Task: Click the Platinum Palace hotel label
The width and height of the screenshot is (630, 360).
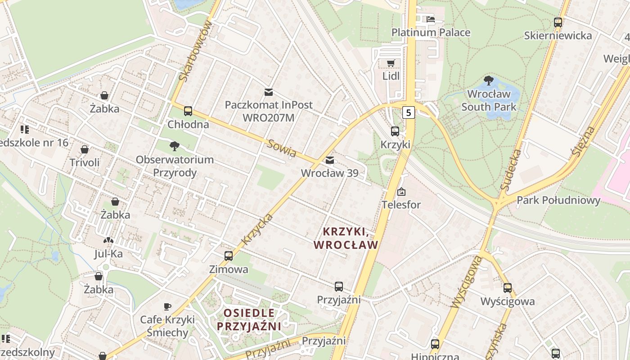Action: point(431,32)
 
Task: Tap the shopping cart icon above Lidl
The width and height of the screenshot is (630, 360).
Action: point(391,63)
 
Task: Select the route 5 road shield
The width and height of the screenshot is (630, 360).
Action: point(409,112)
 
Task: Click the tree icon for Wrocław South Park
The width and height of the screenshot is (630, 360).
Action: point(488,81)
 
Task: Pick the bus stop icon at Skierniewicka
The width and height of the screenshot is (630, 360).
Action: point(558,22)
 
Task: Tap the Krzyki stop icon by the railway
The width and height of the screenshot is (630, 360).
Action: point(395,131)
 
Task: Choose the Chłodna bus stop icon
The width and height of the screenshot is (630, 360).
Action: point(188,111)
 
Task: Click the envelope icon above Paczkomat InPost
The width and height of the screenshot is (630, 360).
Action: point(268,92)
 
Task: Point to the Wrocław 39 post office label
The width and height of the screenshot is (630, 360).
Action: point(329,173)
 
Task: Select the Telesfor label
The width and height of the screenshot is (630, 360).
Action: point(401,205)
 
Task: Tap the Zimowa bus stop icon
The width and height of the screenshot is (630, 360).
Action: point(229,256)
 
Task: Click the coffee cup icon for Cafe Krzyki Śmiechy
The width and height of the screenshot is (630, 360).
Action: point(167,307)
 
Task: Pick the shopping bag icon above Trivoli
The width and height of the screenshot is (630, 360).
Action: point(85,149)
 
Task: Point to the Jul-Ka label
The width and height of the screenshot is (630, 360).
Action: point(108,254)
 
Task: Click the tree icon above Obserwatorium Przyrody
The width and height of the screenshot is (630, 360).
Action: point(174,146)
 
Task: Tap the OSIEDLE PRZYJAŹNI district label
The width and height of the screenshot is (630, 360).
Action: point(249,319)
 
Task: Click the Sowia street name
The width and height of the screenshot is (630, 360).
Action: point(281,148)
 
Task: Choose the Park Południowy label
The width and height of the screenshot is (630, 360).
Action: point(558,200)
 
